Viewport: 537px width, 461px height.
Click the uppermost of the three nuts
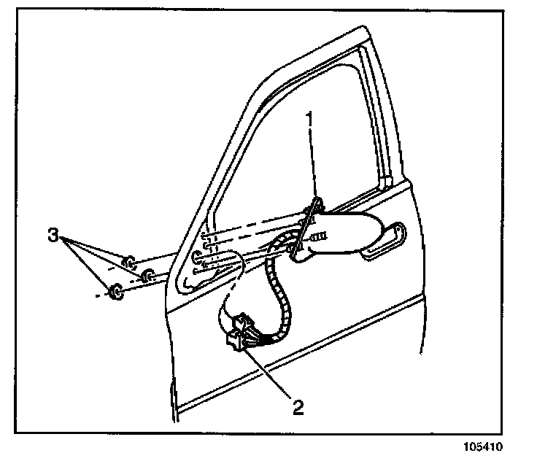tap(128, 260)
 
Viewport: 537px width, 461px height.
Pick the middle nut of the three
tap(147, 275)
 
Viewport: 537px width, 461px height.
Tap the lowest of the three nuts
tap(115, 293)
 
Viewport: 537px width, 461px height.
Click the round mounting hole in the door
tap(197, 257)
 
